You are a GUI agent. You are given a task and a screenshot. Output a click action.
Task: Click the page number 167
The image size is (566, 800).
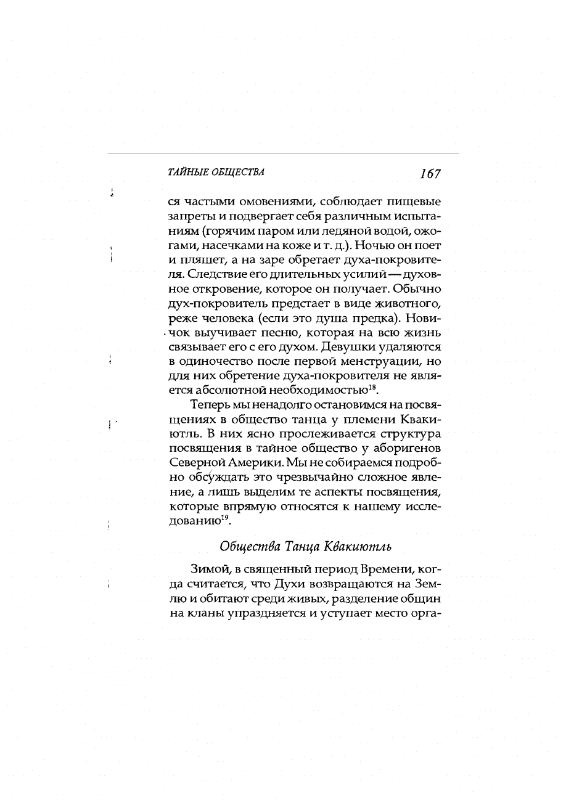430,174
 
